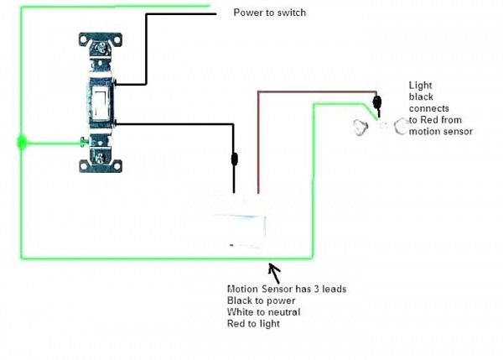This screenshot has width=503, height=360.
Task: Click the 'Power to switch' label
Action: (269, 13)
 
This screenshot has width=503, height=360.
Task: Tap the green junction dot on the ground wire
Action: (22, 143)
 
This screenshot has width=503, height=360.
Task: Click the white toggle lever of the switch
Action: (101, 102)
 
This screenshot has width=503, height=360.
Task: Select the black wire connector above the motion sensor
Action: (235, 159)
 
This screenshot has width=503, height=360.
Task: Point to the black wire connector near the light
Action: (377, 102)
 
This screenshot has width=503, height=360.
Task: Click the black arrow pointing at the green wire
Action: (274, 273)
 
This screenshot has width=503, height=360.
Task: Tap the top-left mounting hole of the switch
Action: (84, 39)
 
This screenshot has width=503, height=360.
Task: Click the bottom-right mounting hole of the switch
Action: (117, 166)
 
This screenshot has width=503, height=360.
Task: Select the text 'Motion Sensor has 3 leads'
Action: (287, 289)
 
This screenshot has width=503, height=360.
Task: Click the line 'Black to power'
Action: (261, 300)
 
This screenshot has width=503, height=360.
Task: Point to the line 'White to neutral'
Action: (264, 312)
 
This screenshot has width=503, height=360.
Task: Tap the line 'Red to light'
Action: (253, 324)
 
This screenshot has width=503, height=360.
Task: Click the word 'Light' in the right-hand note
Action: (421, 86)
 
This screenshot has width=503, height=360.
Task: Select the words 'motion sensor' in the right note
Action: (441, 132)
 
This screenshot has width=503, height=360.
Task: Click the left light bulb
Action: (360, 128)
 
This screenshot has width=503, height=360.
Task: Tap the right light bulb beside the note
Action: (401, 126)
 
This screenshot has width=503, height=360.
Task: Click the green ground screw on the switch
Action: (84, 142)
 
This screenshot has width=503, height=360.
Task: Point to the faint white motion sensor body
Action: (239, 221)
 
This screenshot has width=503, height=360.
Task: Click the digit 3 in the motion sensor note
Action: (316, 289)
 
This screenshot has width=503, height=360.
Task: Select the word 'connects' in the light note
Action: (429, 108)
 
